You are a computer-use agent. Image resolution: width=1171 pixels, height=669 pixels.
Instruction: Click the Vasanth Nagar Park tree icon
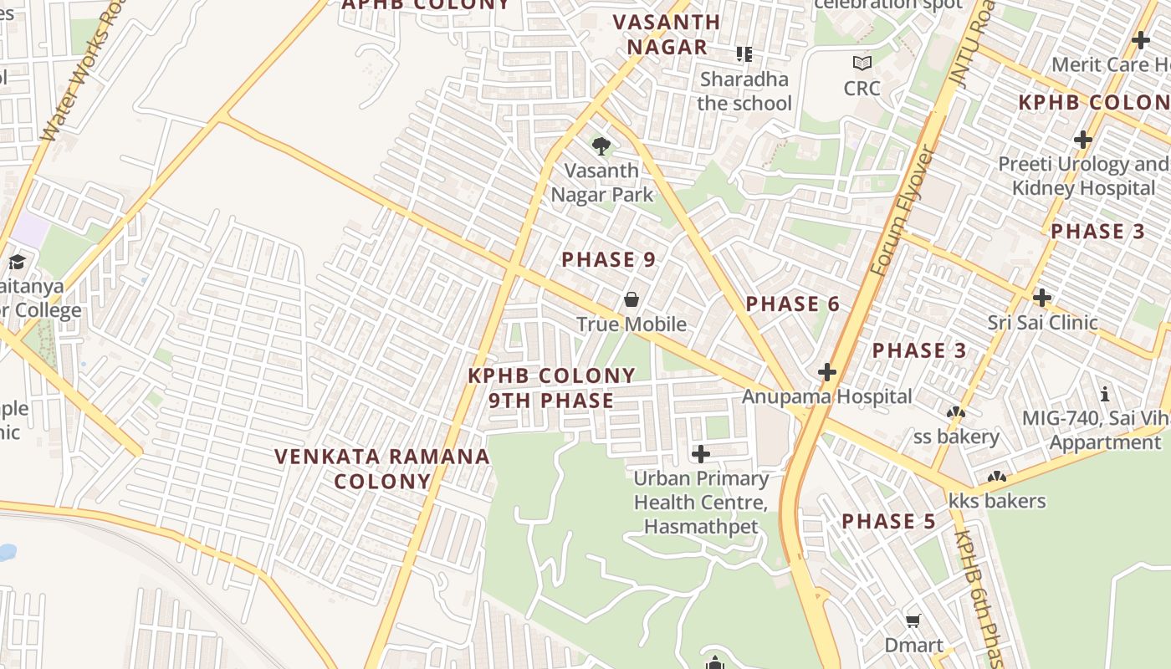point(601,147)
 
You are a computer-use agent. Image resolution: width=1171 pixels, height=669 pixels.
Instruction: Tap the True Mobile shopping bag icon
point(632,299)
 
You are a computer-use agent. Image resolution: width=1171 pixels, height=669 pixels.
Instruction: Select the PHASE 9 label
point(609,260)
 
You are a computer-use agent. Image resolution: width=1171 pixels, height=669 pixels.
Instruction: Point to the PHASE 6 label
point(793,304)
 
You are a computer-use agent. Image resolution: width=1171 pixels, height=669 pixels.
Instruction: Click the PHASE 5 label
point(888,522)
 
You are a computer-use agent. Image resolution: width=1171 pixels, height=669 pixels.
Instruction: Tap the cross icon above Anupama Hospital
point(827,372)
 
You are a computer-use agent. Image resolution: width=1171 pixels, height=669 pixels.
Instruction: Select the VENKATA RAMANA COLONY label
point(383,468)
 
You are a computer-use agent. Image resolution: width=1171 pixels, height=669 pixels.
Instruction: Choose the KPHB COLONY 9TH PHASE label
point(552,388)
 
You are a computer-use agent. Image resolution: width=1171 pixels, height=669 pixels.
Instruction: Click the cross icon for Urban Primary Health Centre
point(701,454)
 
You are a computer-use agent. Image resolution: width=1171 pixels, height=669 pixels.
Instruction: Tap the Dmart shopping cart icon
point(913,621)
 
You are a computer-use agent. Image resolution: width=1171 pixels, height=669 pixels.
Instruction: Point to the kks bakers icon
point(996,478)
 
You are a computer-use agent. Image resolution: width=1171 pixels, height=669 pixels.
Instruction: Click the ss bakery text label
point(956,437)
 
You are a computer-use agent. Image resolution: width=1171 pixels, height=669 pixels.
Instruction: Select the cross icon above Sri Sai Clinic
point(1041,298)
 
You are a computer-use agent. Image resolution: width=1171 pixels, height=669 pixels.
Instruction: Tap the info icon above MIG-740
point(1105,394)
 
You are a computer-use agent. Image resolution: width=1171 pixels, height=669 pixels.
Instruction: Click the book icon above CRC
point(862,63)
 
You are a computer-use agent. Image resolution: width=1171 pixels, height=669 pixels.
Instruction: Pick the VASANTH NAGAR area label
point(667,34)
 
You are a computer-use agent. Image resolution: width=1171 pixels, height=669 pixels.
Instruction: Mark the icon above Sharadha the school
point(744,54)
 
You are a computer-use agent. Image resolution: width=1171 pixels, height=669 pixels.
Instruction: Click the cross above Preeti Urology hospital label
point(1083,140)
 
